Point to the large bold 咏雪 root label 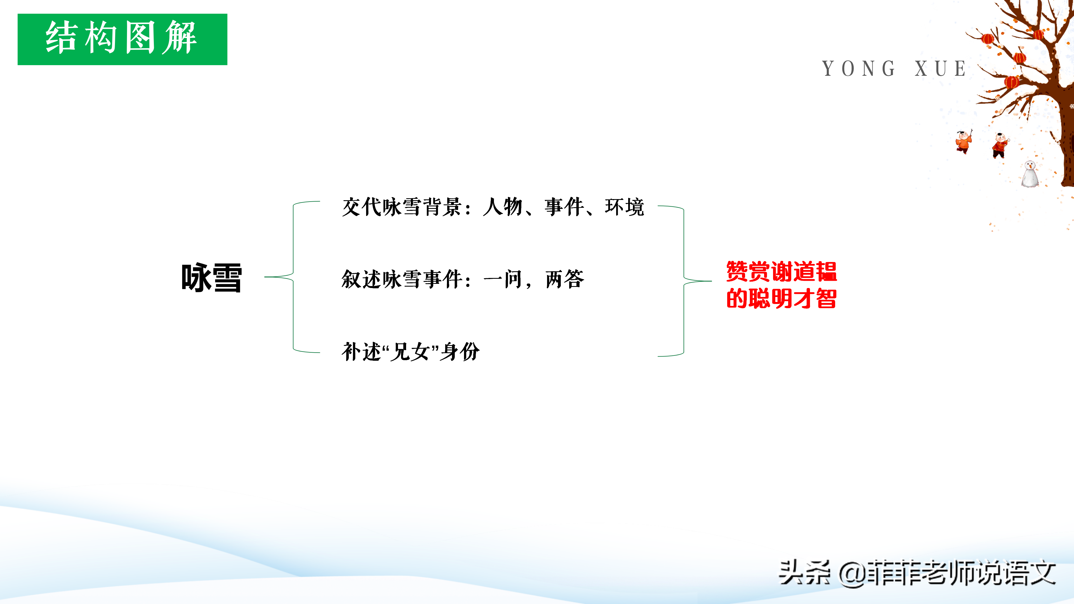pyautogui.click(x=211, y=278)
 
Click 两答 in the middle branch pyautogui.click(x=565, y=279)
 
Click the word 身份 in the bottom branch pyautogui.click(x=460, y=351)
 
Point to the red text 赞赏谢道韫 pyautogui.click(x=781, y=272)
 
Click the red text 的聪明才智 pyautogui.click(x=781, y=298)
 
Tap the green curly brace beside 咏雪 pyautogui.click(x=293, y=277)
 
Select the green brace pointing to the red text pyautogui.click(x=684, y=281)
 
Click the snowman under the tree pyautogui.click(x=1030, y=174)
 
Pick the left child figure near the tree pyautogui.click(x=964, y=142)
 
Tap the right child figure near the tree pyautogui.click(x=1000, y=145)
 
